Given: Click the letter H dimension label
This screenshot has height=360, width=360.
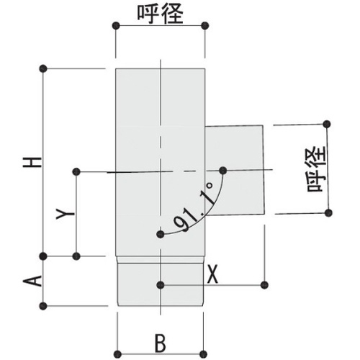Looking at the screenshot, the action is (x=32, y=163).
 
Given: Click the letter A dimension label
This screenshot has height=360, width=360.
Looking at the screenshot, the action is (x=32, y=281).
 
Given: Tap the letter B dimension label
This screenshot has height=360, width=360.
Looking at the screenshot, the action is (x=161, y=343).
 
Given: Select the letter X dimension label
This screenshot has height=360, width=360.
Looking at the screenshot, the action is (x=212, y=274).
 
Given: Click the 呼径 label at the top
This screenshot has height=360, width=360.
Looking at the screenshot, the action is (x=160, y=14).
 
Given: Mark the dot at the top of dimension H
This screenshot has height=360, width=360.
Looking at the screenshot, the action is (x=43, y=68).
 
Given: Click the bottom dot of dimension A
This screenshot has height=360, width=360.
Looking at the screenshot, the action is (x=43, y=306).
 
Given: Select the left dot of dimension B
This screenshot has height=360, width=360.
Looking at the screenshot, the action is (x=117, y=354).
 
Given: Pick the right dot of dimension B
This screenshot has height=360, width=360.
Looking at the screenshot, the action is (x=203, y=354).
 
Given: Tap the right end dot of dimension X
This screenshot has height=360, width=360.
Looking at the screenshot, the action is (x=264, y=285).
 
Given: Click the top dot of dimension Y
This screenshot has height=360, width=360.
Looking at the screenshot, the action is (x=76, y=171).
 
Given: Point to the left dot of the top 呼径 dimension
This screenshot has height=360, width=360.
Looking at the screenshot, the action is (x=116, y=25).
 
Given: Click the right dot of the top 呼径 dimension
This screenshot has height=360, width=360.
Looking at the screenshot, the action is (x=204, y=25).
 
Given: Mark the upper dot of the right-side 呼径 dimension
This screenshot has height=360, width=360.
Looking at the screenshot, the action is (x=327, y=125).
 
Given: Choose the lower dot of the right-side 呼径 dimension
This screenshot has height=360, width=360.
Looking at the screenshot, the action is (x=329, y=212).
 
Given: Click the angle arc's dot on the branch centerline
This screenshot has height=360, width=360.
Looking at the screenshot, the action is (x=223, y=171).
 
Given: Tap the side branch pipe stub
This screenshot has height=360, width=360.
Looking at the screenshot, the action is (x=235, y=171).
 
